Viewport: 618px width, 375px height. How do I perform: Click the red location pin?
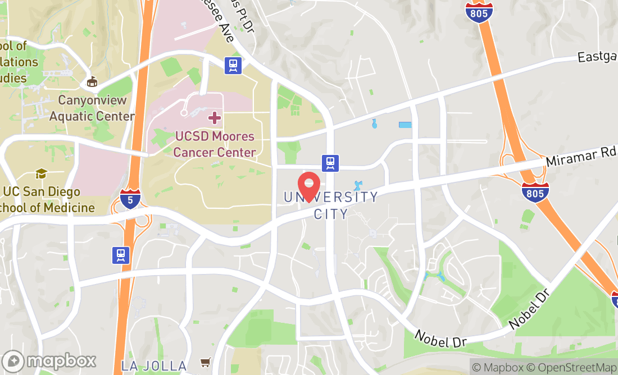tap(308, 185)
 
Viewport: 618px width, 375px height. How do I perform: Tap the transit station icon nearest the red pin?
tap(330, 163)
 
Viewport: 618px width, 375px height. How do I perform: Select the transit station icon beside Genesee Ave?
tap(233, 65)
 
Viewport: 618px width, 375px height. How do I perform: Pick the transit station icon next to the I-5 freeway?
tap(120, 255)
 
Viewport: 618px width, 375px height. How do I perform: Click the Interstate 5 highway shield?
tap(130, 199)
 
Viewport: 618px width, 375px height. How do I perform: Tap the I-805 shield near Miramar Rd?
tap(535, 192)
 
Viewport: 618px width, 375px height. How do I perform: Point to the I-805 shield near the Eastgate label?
tap(479, 11)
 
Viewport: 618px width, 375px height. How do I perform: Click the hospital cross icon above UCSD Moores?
tap(214, 118)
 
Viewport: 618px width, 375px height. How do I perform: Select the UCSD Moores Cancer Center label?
tap(215, 144)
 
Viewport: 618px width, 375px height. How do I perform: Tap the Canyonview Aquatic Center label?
tap(92, 108)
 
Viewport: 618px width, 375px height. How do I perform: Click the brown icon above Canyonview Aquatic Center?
tap(92, 82)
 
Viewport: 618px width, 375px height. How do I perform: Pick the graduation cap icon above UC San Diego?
tap(41, 173)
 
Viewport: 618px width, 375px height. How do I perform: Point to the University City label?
tap(331, 205)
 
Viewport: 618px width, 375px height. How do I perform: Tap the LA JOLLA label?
tap(154, 366)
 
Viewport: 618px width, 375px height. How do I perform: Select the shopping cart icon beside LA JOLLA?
tap(206, 363)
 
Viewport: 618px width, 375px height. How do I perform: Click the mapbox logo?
tap(49, 360)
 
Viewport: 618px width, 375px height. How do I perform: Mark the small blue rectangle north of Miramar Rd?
tap(405, 125)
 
